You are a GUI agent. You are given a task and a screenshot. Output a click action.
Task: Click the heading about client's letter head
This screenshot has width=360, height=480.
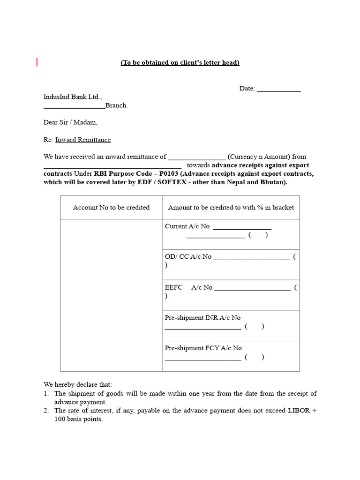[180, 63]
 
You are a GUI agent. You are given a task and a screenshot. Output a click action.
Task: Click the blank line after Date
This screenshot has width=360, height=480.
[279, 90]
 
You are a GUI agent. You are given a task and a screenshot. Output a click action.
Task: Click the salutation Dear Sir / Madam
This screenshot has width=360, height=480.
[71, 122]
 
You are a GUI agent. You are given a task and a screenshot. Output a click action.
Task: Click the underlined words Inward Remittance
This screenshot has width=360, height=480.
[83, 140]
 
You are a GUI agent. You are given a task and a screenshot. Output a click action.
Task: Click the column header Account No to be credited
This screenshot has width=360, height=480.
[112, 207]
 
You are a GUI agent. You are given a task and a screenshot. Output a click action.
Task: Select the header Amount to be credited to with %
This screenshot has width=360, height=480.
[231, 207]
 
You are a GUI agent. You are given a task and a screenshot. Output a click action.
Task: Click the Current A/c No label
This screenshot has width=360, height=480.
[187, 226]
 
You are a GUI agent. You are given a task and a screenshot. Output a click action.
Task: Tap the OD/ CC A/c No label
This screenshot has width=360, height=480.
[188, 257]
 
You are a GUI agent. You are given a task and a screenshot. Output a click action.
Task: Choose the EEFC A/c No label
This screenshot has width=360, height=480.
[188, 287]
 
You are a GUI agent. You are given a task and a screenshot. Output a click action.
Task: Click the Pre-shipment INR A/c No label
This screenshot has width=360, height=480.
[202, 318]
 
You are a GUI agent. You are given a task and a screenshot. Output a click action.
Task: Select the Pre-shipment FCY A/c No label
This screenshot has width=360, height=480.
[203, 348]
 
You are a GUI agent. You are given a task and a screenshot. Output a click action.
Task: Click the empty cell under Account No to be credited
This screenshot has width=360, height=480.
[112, 295]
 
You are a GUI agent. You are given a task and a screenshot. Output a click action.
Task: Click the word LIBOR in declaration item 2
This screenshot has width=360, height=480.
[300, 411]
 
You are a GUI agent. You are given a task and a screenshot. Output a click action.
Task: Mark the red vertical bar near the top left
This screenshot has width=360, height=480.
[37, 62]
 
